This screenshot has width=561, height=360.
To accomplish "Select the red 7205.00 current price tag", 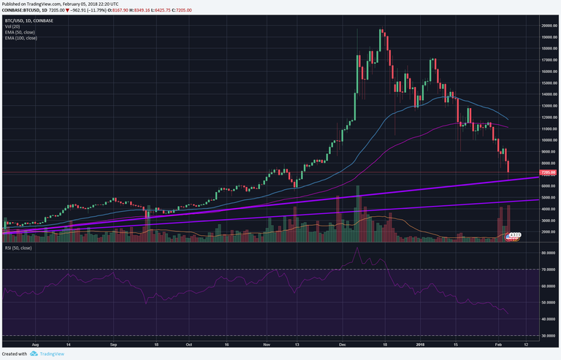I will (549, 172).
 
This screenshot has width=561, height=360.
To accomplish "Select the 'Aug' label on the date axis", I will (35, 342).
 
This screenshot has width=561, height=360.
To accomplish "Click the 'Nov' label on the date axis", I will (266, 342).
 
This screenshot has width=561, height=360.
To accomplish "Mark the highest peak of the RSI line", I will (356, 248).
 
